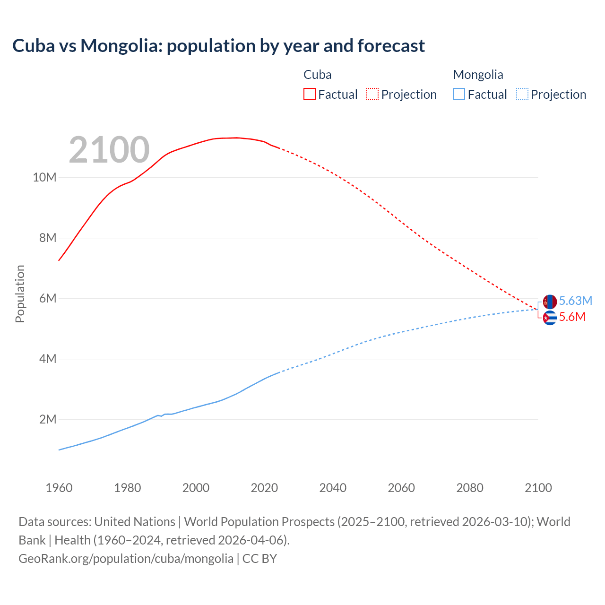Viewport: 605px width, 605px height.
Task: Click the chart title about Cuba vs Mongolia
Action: pos(218,46)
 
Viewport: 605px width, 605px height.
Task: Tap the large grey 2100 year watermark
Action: pos(109,150)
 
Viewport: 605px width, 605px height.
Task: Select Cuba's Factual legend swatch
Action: pos(309,94)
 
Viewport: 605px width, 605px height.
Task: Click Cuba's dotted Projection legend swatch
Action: pos(372,94)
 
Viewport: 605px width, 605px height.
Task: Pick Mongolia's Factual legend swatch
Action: pos(458,94)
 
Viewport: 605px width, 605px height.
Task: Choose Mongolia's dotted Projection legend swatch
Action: pos(522,94)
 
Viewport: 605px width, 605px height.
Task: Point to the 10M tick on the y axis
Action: pos(44,178)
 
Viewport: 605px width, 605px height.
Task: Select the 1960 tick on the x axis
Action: pos(59,488)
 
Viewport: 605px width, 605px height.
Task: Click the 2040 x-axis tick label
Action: pos(333,488)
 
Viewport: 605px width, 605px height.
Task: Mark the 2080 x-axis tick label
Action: pos(470,488)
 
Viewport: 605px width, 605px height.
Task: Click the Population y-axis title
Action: pos(20,294)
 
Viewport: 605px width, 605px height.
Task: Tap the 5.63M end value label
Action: pos(575,301)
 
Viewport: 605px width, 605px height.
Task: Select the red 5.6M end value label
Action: pos(572,317)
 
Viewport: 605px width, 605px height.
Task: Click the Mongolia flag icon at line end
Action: pos(550,302)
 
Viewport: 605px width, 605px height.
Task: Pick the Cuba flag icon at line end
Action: pos(550,318)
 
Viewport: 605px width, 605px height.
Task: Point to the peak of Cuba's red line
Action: pos(236,138)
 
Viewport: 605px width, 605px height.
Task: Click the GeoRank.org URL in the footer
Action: pos(126,559)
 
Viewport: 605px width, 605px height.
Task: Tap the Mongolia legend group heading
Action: pos(478,75)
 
